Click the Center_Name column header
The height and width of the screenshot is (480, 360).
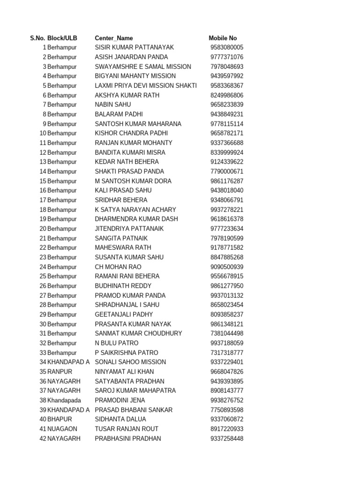[113, 38]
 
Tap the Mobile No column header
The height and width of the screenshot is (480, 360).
[223, 38]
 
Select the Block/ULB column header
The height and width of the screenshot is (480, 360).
[62, 38]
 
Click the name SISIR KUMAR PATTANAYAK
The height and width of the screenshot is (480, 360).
[134, 47]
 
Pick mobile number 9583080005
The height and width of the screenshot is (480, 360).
[227, 47]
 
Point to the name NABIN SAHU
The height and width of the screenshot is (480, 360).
[113, 105]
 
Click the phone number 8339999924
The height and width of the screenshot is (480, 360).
[227, 152]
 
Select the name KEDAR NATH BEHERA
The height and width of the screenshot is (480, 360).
[127, 162]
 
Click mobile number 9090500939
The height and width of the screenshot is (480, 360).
[227, 267]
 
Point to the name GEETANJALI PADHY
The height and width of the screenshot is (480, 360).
[124, 315]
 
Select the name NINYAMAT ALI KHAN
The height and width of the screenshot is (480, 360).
[124, 372]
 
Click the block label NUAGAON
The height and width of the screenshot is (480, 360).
[62, 429]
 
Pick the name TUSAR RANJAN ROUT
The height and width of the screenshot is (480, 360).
[127, 429]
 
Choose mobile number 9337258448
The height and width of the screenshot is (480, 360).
[227, 438]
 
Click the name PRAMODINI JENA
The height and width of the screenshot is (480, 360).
[120, 400]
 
